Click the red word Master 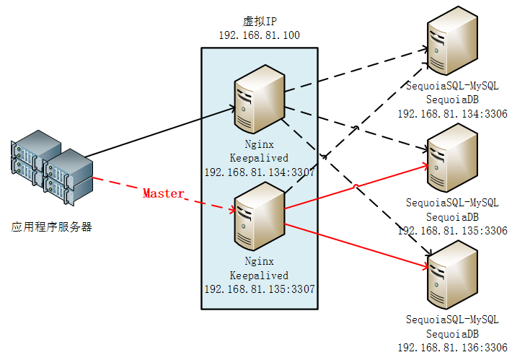(163, 193)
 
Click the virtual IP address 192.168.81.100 (259, 35)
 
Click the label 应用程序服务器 (52, 227)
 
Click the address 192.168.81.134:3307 (259, 172)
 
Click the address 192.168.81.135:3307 (259, 289)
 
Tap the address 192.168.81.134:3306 (452, 113)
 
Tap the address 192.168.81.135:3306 (452, 230)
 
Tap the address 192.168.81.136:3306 (452, 347)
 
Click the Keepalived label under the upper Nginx (259, 158)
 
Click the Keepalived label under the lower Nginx (259, 275)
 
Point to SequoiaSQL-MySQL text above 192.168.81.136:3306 (452, 320)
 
